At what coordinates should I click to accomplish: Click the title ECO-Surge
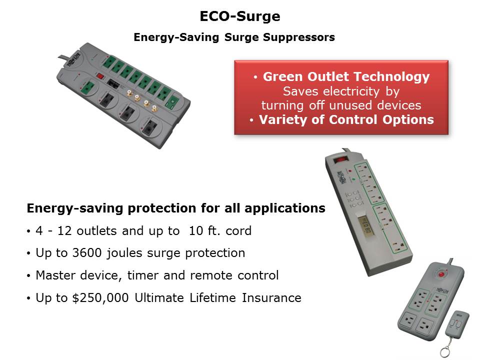tap(240, 16)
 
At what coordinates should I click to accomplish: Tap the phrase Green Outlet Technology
tap(346, 77)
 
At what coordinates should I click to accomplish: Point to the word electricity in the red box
tap(351, 91)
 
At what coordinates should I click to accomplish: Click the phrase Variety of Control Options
tap(346, 119)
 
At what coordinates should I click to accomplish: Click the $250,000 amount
tap(100, 298)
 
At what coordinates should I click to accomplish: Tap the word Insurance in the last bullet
tap(271, 297)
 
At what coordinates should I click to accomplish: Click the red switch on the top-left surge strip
tap(100, 75)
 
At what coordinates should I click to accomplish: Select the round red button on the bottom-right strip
tap(441, 273)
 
